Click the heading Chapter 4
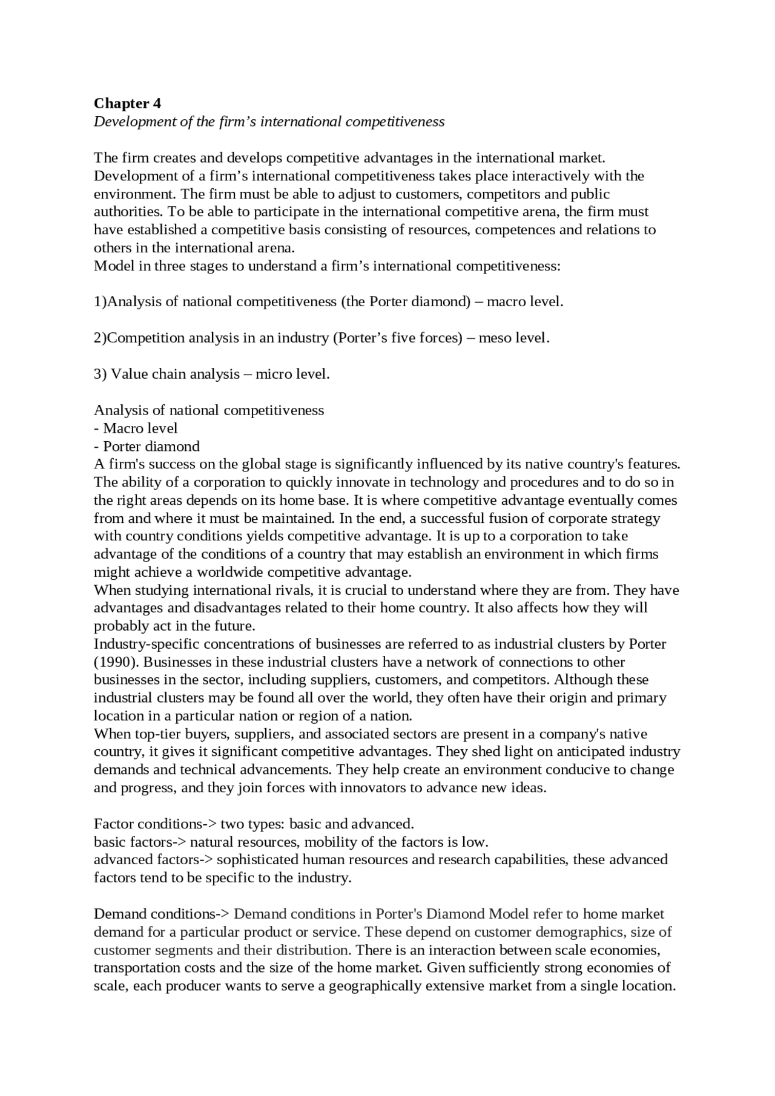click(x=127, y=103)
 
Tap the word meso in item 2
click(x=494, y=338)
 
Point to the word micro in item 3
click(x=272, y=374)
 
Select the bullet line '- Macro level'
click(x=136, y=428)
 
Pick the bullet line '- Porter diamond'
click(x=147, y=447)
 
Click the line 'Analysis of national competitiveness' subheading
click(x=209, y=410)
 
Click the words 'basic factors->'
click(x=139, y=842)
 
